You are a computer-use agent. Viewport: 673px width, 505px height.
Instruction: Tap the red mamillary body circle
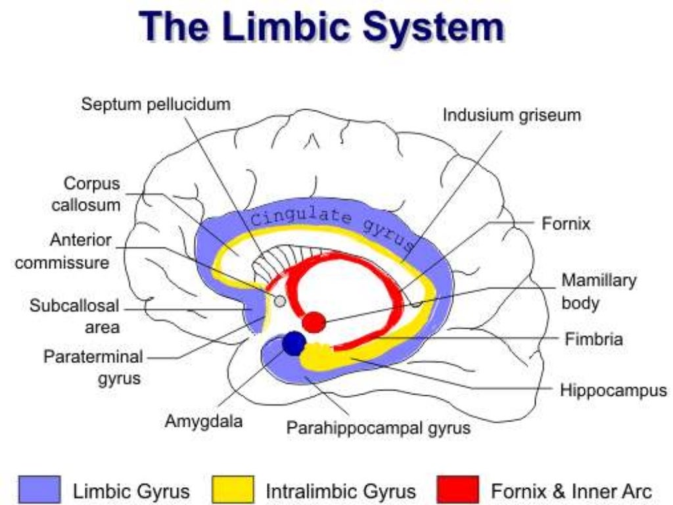tap(314, 322)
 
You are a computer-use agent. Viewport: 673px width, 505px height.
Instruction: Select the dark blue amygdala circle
tap(294, 343)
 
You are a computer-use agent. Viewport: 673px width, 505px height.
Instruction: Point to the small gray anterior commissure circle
tap(279, 301)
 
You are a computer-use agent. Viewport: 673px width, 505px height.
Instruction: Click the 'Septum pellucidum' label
tap(156, 104)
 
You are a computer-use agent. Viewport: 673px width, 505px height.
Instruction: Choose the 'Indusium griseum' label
tap(511, 115)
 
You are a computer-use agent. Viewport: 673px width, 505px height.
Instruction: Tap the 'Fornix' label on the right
tap(566, 224)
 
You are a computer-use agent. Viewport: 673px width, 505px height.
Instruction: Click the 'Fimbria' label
tap(594, 339)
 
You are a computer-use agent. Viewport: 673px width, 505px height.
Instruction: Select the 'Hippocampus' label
tap(613, 390)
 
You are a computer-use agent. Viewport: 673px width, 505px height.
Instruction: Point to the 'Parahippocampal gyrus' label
tap(379, 428)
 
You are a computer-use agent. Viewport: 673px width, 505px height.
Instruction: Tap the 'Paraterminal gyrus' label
tap(93, 368)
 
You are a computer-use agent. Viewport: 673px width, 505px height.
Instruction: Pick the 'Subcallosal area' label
tap(74, 316)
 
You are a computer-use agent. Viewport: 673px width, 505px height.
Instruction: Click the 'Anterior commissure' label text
tap(62, 252)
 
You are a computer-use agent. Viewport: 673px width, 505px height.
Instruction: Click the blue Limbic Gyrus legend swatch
tap(40, 490)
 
